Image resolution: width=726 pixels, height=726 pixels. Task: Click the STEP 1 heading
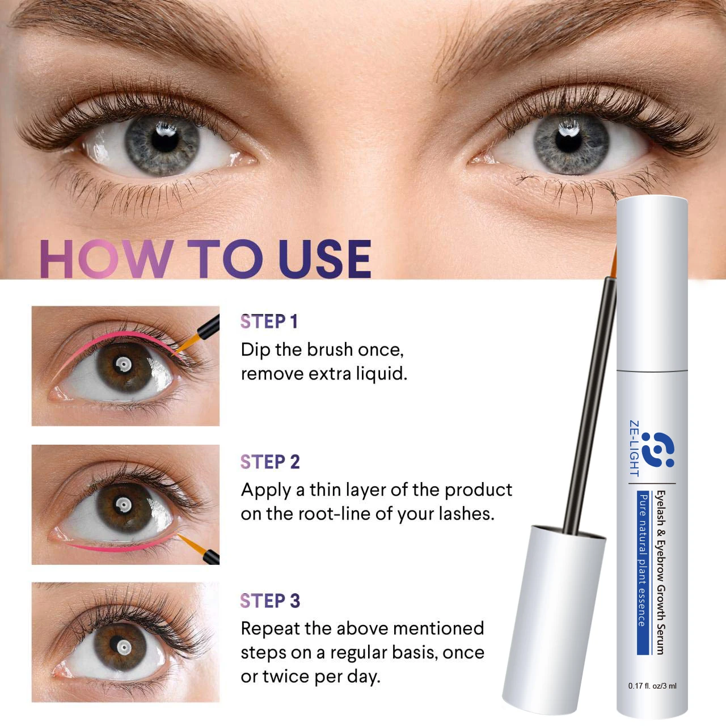269,322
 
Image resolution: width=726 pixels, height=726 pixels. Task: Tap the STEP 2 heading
270,462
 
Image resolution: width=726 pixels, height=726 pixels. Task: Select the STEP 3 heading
270,601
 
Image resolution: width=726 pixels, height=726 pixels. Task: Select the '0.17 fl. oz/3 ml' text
652,686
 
